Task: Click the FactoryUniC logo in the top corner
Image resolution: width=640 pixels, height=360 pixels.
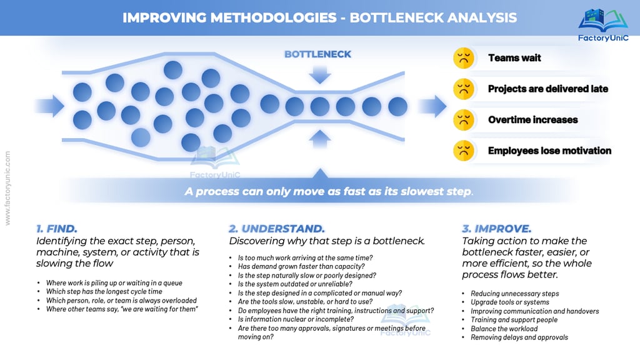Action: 602,23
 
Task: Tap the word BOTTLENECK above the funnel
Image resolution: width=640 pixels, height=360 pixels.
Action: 317,54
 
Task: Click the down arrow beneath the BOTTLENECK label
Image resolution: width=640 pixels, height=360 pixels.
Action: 319,74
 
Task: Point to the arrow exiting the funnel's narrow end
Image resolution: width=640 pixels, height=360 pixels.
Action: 432,106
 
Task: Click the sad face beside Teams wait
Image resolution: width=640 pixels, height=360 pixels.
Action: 462,58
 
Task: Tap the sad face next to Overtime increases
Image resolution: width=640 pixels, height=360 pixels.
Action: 462,119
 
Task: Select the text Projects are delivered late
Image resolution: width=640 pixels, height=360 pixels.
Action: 547,89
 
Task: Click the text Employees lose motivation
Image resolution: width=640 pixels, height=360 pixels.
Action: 549,150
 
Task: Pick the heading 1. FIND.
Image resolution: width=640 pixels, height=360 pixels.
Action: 57,228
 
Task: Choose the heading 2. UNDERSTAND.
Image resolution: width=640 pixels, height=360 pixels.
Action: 277,228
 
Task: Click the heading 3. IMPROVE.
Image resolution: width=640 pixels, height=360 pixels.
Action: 496,228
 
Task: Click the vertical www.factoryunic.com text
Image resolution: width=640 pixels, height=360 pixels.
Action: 7,187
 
